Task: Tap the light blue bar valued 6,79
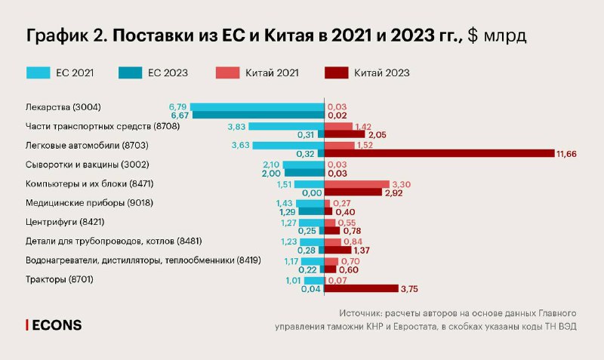pyautogui.click(x=257, y=106)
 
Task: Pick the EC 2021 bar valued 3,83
pyautogui.click(x=285, y=126)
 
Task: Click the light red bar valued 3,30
pyautogui.click(x=356, y=184)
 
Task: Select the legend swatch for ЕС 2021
pyautogui.click(x=38, y=73)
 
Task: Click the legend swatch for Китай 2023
pyautogui.click(x=335, y=73)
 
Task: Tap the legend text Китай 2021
pyautogui.click(x=273, y=73)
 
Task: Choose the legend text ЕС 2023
pyautogui.click(x=168, y=73)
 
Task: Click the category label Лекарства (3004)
pyautogui.click(x=62, y=106)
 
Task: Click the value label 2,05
pyautogui.click(x=377, y=134)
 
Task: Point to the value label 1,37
pyautogui.click(x=363, y=251)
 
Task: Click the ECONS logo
pyautogui.click(x=54, y=325)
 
